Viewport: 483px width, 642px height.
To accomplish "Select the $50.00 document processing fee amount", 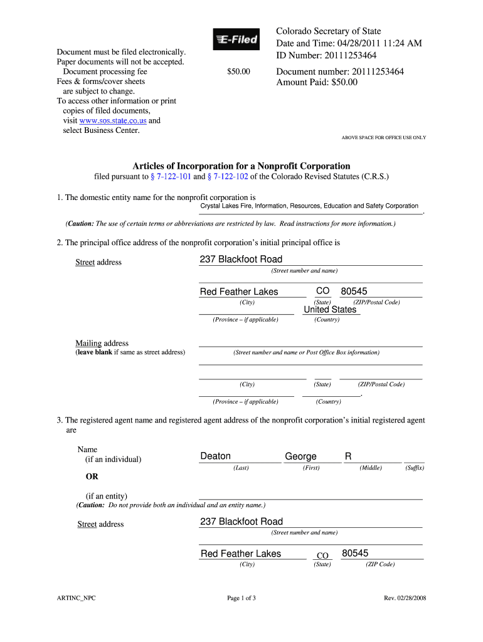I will point(238,72).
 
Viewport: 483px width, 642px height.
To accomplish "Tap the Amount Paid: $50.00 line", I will point(317,82).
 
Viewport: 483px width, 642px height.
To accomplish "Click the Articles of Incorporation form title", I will point(241,166).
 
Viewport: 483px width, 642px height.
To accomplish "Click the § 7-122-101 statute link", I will point(170,177).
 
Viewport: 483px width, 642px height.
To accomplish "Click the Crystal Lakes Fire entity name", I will point(309,206).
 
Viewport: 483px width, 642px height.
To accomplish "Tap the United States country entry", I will point(330,310).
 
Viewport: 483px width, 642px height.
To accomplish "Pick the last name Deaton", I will point(215,456).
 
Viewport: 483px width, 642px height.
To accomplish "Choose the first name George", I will point(300,456).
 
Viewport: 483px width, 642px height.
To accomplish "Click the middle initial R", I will point(348,456).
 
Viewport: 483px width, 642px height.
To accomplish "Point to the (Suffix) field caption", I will point(414,468).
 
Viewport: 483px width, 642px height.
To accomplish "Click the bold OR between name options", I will point(92,476).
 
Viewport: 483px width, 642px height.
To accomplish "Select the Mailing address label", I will point(102,344).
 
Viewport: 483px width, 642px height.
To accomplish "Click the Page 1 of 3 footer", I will point(241,598).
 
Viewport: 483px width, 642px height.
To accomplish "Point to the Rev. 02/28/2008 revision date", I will point(405,598).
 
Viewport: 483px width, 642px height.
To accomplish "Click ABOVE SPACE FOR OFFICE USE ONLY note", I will point(383,137).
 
